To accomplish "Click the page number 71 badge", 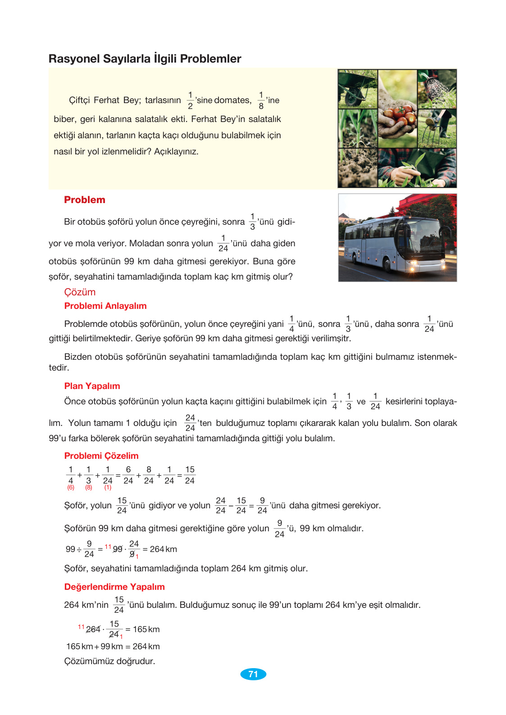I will point(253,674).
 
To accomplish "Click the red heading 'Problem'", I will point(85,200).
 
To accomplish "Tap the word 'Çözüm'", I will point(80,292).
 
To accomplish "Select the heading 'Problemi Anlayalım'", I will point(105,306).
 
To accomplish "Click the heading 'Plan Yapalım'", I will point(92,386).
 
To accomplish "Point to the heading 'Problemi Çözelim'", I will point(101,456).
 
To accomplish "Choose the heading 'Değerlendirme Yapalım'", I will point(114,587).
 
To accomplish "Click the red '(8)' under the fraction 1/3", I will point(89,488).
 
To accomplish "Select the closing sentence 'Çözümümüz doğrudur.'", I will point(109,661).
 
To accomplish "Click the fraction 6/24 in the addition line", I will point(128,475).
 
